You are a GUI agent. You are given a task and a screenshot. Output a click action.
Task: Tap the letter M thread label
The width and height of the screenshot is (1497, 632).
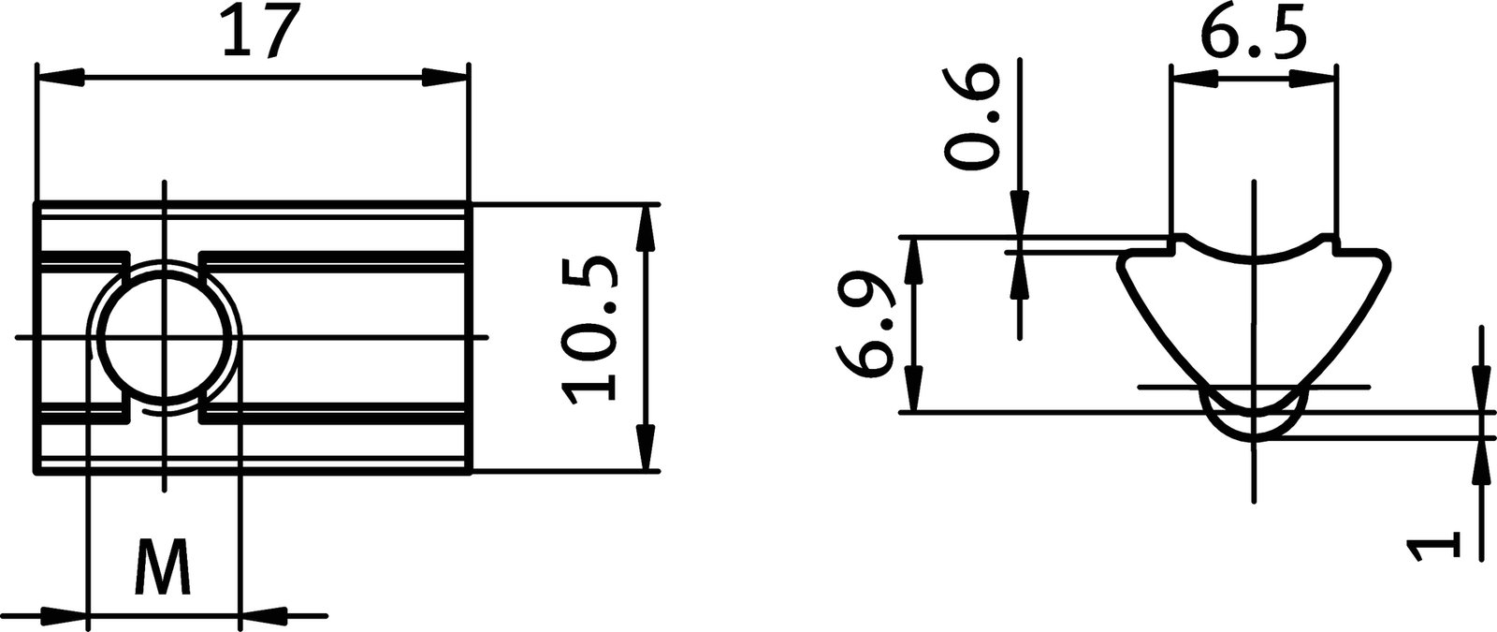(164, 567)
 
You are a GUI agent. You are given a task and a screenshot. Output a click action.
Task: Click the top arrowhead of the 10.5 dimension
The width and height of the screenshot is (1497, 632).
(647, 228)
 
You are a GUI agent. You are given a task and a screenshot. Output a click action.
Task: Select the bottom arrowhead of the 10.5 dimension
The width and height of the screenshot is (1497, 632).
(647, 446)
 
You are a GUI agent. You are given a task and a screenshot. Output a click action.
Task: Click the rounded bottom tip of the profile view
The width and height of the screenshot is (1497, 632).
(1252, 434)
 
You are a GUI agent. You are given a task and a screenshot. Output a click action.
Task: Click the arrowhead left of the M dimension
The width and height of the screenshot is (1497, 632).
(64, 617)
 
